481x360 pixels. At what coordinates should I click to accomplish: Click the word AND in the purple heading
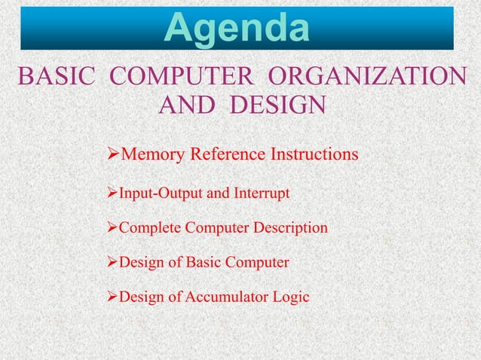pos(187,105)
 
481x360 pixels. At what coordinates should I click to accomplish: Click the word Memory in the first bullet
pos(152,155)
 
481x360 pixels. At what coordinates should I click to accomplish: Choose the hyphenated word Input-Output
pos(160,194)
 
